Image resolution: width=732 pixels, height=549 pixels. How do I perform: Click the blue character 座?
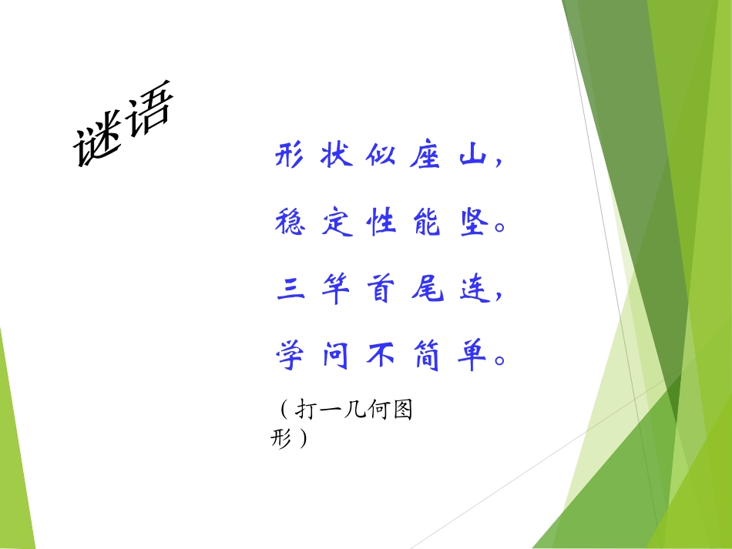[x=428, y=156]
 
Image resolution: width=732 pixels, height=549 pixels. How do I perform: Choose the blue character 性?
[x=382, y=223]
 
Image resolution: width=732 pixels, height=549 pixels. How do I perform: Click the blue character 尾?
[x=428, y=291]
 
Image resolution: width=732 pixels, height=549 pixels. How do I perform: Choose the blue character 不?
[x=382, y=357]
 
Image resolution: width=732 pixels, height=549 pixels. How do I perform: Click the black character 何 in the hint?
[x=378, y=410]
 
